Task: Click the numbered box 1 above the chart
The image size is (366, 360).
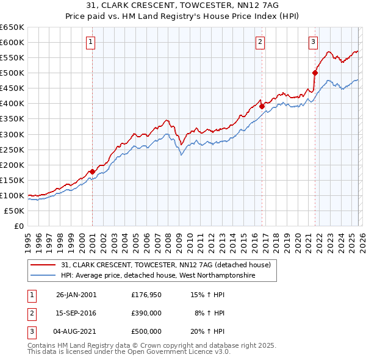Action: [90, 42]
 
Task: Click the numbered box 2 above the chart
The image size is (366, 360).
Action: [260, 42]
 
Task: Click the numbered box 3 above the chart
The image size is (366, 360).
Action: [313, 42]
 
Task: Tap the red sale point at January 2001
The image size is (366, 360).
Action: [92, 171]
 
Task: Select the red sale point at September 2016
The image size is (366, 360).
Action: [262, 106]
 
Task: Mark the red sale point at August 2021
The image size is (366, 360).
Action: [315, 73]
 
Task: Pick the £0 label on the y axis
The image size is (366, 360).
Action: [19, 226]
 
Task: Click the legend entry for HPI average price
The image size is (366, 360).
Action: [157, 276]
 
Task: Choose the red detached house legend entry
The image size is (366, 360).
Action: [169, 265]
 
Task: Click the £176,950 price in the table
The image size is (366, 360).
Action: [146, 295]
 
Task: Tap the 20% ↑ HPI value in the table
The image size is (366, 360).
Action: [209, 331]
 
